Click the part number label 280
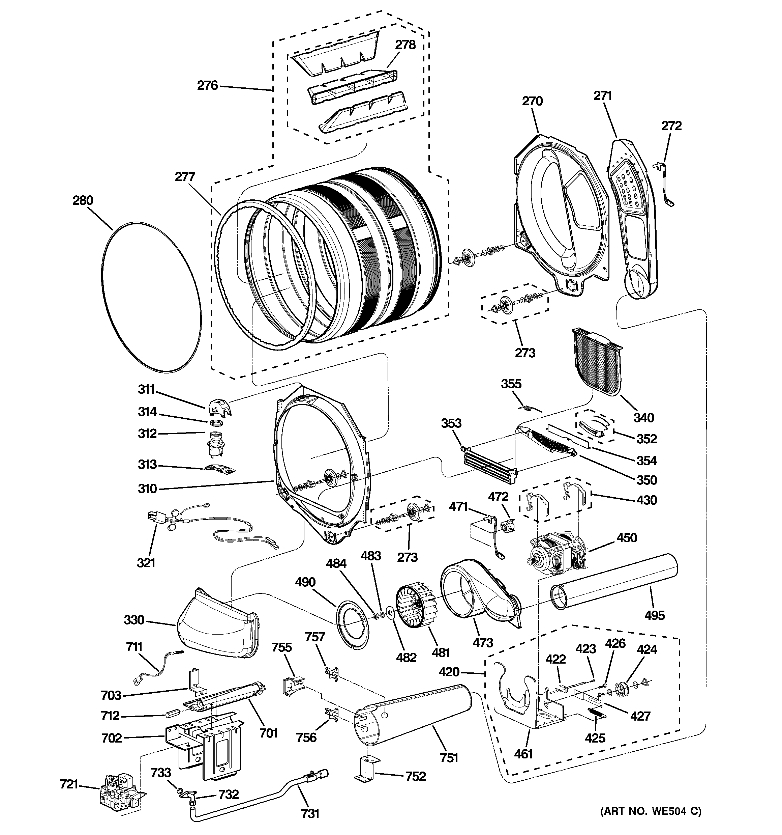click(x=83, y=200)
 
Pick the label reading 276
click(x=208, y=86)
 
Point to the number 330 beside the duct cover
click(x=134, y=620)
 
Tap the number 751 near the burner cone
click(x=449, y=758)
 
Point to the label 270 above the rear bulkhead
click(x=532, y=101)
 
